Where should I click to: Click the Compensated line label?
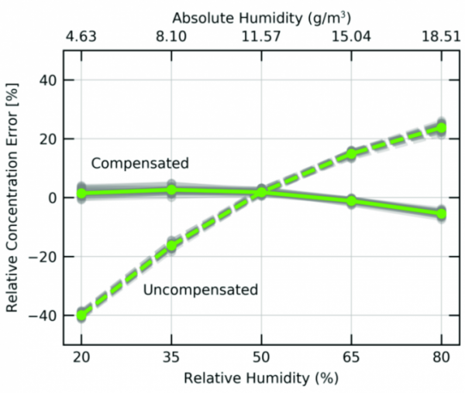pyautogui.click(x=139, y=164)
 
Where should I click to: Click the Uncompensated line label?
pyautogui.click(x=200, y=290)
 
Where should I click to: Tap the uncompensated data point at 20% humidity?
pyautogui.click(x=81, y=316)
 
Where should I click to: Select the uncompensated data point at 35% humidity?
pyautogui.click(x=172, y=246)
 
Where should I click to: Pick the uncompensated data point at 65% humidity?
pyautogui.click(x=352, y=154)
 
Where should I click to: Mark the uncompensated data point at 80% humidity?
pyautogui.click(x=442, y=128)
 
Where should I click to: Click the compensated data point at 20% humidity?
pyautogui.click(x=81, y=193)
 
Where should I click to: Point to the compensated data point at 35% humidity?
pyautogui.click(x=172, y=190)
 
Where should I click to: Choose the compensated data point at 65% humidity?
pyautogui.click(x=352, y=201)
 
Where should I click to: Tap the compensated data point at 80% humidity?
pyautogui.click(x=442, y=214)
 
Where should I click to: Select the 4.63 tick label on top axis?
pyautogui.click(x=81, y=36)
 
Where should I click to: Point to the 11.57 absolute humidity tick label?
pyautogui.click(x=262, y=36)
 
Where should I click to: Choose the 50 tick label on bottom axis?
pyautogui.click(x=262, y=361)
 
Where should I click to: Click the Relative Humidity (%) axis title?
pyautogui.click(x=261, y=379)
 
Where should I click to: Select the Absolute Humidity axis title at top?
pyautogui.click(x=260, y=16)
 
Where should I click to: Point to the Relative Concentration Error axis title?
pyautogui.click(x=13, y=198)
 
